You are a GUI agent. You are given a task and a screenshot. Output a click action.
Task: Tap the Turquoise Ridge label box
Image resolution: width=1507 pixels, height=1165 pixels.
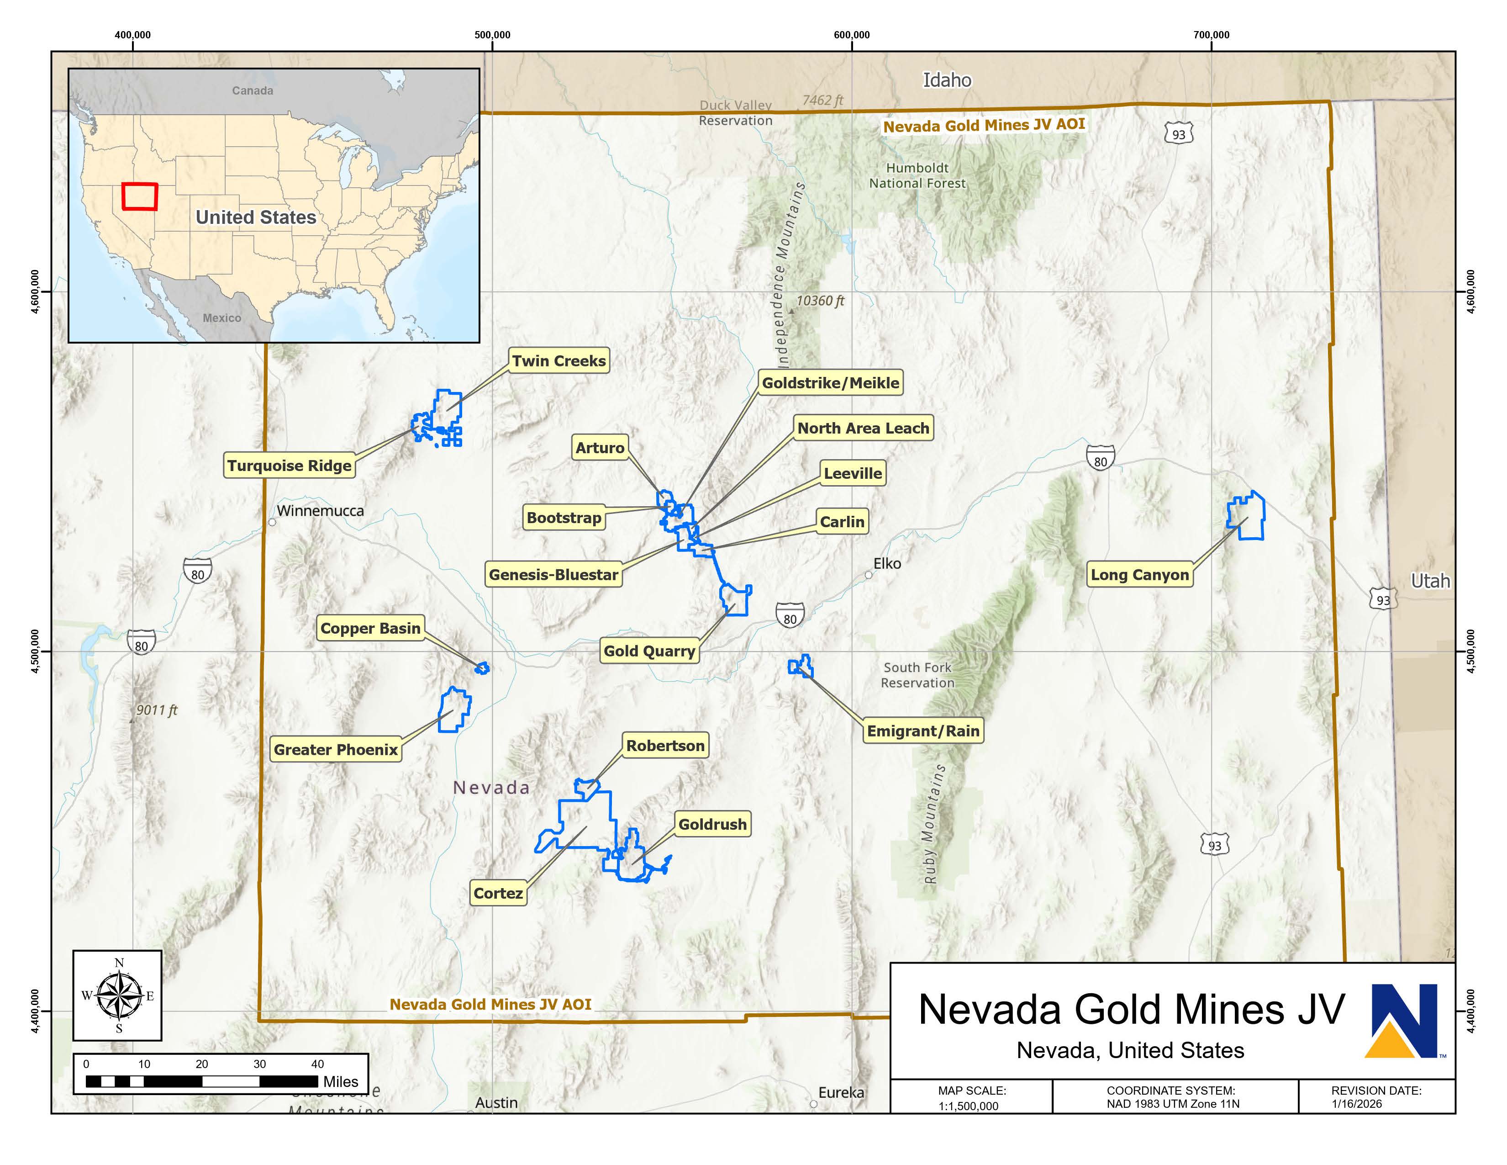(289, 466)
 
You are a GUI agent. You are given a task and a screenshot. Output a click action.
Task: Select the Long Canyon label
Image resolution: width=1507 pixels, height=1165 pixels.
(1139, 575)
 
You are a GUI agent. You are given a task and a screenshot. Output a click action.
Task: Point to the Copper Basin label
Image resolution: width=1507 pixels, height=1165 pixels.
(370, 628)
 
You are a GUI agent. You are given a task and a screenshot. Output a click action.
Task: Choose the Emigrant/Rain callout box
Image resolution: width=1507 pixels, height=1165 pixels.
(922, 731)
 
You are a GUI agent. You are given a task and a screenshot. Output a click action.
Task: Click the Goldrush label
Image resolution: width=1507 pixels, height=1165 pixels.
(712, 824)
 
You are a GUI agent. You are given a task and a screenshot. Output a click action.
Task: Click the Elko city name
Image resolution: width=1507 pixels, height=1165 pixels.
(887, 563)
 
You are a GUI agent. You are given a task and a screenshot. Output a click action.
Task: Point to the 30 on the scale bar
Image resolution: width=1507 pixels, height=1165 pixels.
(259, 1064)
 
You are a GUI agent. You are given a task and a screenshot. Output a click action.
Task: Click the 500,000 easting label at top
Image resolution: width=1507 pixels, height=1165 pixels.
(492, 35)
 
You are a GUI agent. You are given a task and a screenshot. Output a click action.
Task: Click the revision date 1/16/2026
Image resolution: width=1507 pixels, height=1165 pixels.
(1357, 1104)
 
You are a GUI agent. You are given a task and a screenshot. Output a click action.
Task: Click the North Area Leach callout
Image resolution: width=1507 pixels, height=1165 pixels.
(863, 428)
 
